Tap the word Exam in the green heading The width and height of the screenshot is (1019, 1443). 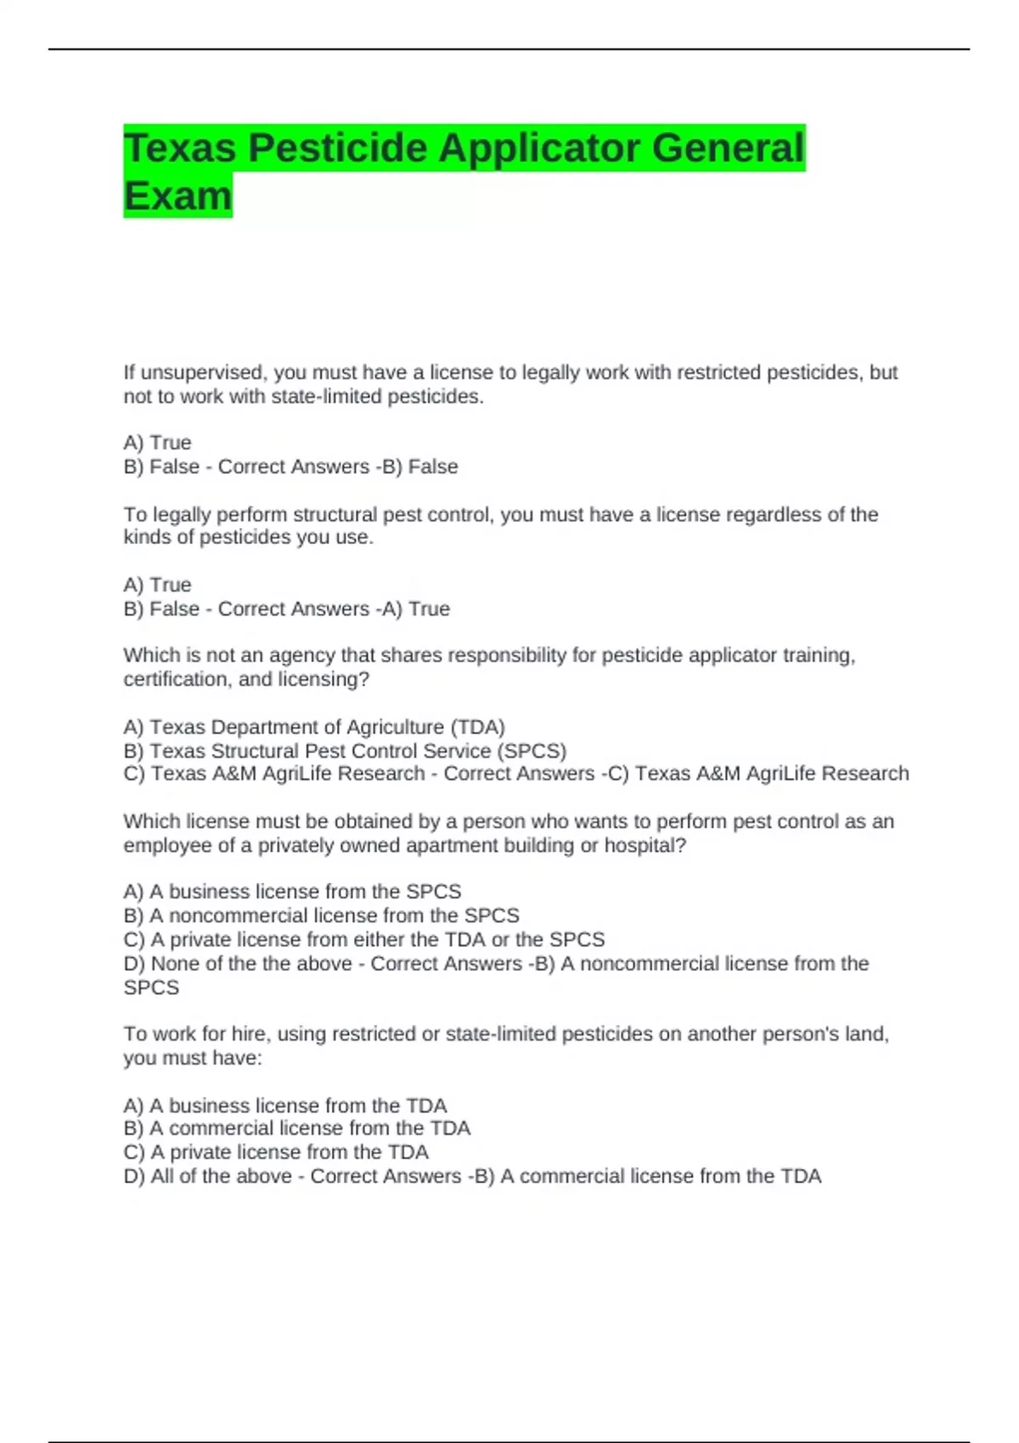[x=177, y=196]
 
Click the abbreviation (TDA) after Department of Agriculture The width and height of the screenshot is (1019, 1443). [x=477, y=727]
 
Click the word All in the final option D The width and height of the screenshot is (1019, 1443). [x=162, y=1176]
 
